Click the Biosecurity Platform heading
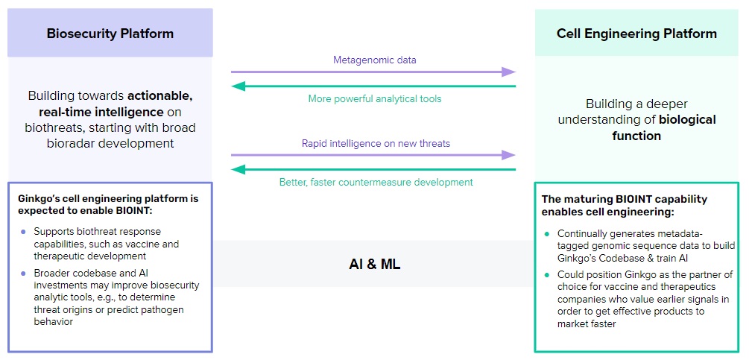click(110, 34)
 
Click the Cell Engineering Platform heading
click(636, 34)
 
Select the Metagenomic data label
click(374, 59)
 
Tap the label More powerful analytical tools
click(374, 98)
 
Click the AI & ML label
click(374, 264)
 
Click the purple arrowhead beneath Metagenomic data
click(509, 72)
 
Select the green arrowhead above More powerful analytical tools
click(238, 86)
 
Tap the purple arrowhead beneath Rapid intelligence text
click(509, 155)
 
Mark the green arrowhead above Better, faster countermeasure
click(238, 169)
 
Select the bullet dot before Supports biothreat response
click(23, 232)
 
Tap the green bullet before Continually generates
click(546, 233)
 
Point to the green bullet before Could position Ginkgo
click(546, 274)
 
